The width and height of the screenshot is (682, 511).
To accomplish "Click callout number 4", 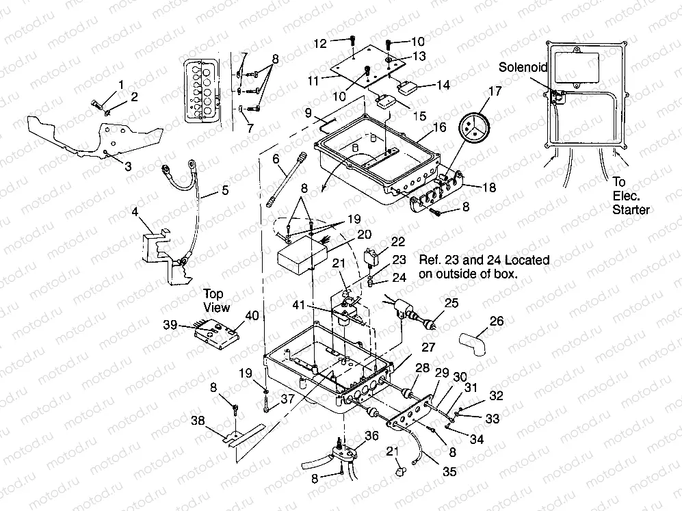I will [x=137, y=213].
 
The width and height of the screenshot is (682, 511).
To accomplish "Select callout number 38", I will [x=197, y=421].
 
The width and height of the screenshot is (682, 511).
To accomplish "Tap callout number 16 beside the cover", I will [x=439, y=128].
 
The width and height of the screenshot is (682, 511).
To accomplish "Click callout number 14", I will [x=443, y=86].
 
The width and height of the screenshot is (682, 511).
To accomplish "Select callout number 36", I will [x=372, y=435].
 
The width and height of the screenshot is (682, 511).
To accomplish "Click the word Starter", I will [x=631, y=209].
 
